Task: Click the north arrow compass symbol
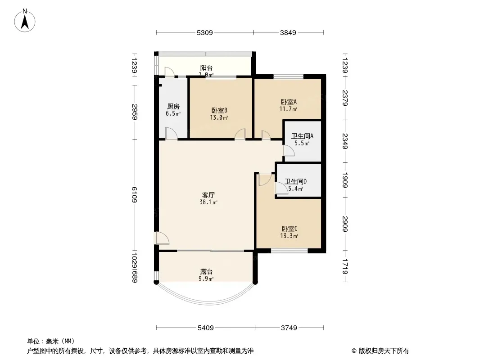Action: coord(25,21)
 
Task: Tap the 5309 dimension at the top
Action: coord(204,32)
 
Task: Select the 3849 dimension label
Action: coord(288,32)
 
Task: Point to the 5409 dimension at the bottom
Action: coord(205,328)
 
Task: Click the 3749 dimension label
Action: coord(289,328)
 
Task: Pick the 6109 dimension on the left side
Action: coord(134,194)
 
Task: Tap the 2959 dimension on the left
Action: coord(134,112)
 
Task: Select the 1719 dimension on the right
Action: coord(345,266)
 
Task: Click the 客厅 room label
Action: coord(208,195)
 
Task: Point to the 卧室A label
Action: coord(289,102)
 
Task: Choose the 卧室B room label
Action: coord(219,110)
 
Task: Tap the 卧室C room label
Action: coord(289,229)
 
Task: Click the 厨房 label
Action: coord(173,107)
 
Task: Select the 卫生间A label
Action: coord(302,136)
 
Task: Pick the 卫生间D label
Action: coord(296,181)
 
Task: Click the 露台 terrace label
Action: coord(206,271)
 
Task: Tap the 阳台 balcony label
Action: coord(206,67)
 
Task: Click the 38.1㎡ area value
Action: coord(208,202)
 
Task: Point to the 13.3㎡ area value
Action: coord(289,236)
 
